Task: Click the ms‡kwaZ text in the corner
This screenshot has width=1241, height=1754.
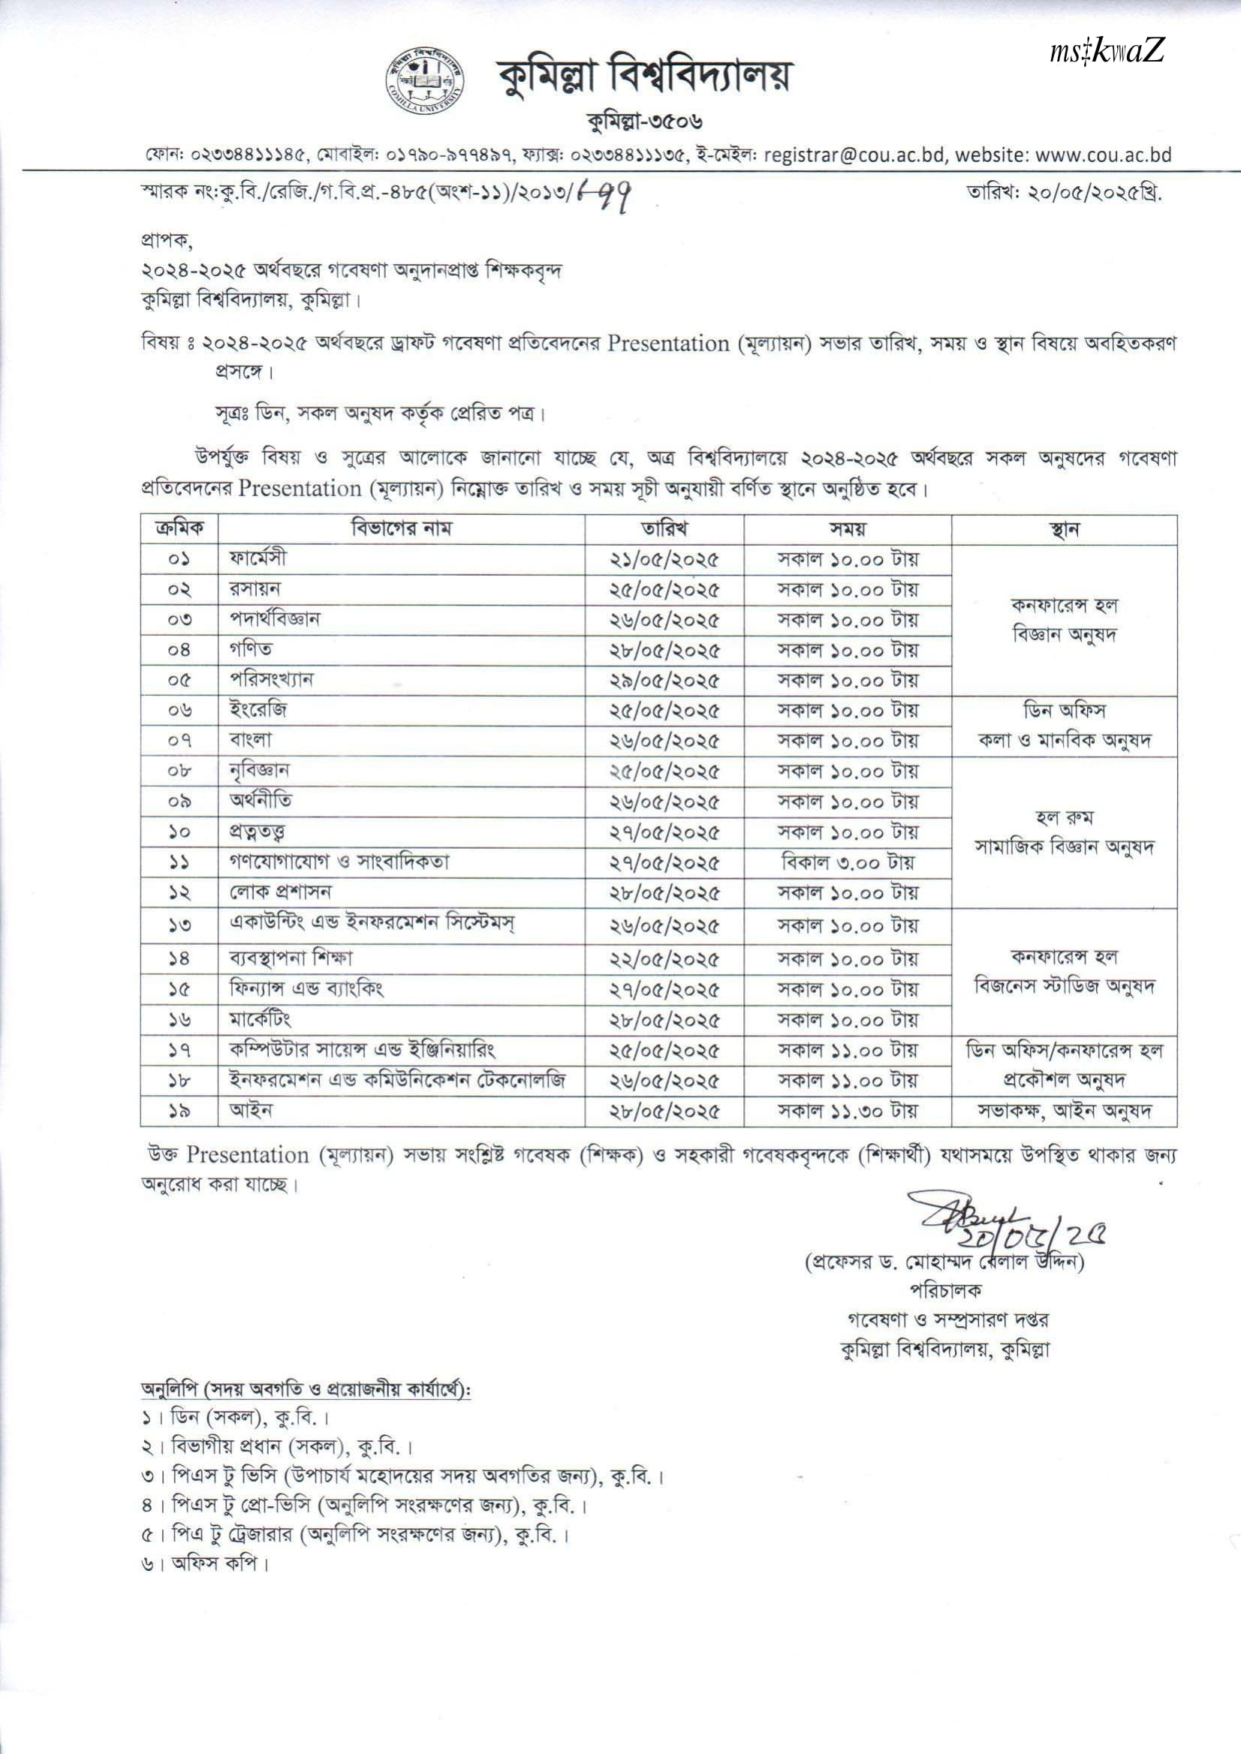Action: click(x=1107, y=53)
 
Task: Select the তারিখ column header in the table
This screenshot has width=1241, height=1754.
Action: click(x=664, y=528)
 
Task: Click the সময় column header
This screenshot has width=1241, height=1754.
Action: click(x=848, y=528)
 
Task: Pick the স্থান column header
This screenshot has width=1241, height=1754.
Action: click(x=1064, y=528)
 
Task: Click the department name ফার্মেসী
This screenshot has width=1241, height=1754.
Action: click(x=259, y=558)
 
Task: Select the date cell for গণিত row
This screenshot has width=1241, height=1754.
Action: click(x=664, y=650)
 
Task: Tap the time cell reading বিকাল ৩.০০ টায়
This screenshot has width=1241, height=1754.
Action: click(x=848, y=862)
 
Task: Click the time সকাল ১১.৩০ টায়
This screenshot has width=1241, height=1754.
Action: click(x=848, y=1112)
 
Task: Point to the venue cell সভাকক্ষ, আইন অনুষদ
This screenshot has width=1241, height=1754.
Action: click(x=1064, y=1112)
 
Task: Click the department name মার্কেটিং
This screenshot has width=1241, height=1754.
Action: click(x=261, y=1019)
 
